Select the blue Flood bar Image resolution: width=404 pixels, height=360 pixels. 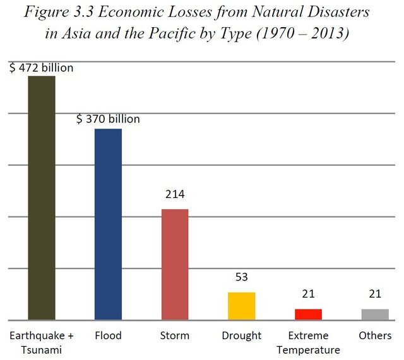pos(108,224)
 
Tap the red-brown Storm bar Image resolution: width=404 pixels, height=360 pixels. pos(175,264)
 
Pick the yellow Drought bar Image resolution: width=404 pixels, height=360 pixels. pos(241,306)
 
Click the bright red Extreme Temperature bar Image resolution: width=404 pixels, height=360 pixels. pos(308,314)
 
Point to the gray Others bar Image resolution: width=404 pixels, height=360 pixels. pos(375,314)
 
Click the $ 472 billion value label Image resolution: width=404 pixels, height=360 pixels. pos(42,67)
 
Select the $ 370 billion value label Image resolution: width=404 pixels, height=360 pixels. pos(108,119)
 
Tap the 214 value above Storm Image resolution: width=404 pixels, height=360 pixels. pos(175,194)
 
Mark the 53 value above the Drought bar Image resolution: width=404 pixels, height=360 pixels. pos(241,278)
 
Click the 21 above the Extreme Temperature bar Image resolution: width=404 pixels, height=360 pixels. pos(308,294)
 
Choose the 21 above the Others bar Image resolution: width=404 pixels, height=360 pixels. pos(375,294)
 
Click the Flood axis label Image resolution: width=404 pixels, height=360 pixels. pos(108,335)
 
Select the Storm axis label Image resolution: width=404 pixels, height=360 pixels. pos(175,335)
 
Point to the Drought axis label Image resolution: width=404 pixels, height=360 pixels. pos(241,335)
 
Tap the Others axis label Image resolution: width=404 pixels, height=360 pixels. pos(375,335)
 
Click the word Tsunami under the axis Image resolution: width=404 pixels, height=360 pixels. pos(41,349)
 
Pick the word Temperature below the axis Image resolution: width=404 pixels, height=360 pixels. pos(308,349)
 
